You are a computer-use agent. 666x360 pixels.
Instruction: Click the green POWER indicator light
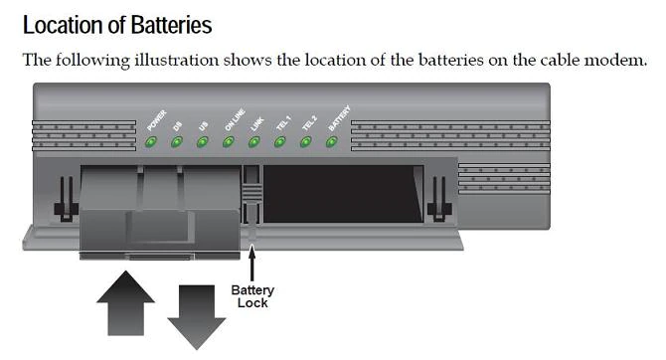click(x=151, y=142)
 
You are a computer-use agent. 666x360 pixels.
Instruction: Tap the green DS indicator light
click(x=177, y=142)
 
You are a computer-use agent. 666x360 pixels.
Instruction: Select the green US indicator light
click(x=203, y=142)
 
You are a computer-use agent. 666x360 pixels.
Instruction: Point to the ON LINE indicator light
click(x=229, y=142)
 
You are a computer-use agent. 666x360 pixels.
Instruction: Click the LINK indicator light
click(x=254, y=142)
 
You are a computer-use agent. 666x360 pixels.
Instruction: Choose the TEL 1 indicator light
click(x=280, y=142)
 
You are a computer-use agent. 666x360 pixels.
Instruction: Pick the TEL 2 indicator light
click(x=306, y=142)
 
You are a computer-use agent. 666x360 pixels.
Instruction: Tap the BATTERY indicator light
click(x=332, y=142)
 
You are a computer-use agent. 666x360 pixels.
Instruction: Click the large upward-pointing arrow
click(x=125, y=303)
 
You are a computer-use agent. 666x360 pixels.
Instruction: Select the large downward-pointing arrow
click(x=197, y=317)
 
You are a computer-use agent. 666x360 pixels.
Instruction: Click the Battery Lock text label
click(x=252, y=296)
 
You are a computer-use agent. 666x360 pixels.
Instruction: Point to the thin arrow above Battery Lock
click(x=252, y=264)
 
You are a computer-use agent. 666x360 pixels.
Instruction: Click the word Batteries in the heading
click(x=171, y=25)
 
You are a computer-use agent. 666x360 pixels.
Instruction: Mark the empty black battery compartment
click(x=344, y=194)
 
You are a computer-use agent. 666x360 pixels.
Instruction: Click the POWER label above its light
click(x=157, y=120)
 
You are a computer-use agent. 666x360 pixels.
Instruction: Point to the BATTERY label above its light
click(x=339, y=118)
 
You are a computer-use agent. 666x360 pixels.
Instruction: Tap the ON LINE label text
click(x=235, y=120)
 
